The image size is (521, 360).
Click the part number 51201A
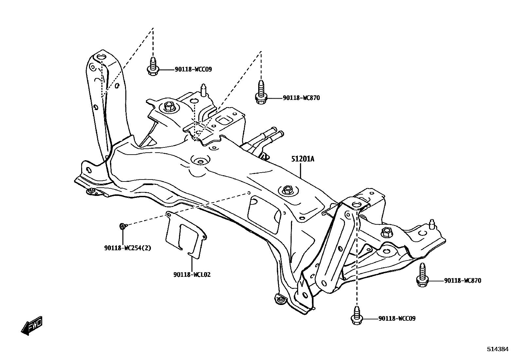coord(303,159)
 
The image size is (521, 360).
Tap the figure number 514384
coord(497,349)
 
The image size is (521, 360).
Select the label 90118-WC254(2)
coord(128,248)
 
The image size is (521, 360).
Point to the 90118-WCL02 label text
coord(192,275)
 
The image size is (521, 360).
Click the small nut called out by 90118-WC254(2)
coord(122,226)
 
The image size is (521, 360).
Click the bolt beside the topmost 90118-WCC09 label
coord(153,67)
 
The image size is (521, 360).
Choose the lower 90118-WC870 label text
coord(462,281)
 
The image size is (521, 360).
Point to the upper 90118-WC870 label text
coord(301,98)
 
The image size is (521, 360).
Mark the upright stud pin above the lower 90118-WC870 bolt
coord(432,224)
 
